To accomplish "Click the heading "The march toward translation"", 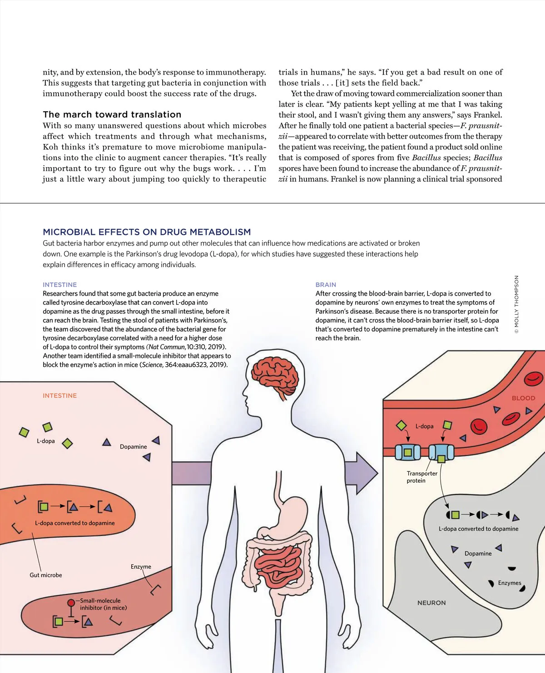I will pos(112,114).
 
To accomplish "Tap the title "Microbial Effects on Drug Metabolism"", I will pos(147,232).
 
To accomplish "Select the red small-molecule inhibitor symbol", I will pos(71,603).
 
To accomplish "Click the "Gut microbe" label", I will pos(46,575).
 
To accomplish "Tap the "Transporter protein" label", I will pos(422,477).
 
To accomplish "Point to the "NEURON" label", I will pos(431,603).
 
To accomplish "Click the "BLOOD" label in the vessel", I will pos(523,398).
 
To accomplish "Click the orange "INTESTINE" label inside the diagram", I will pos(59,396).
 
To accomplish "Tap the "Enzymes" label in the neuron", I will pos(510,583).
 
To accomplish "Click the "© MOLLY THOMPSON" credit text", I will pos(516,304).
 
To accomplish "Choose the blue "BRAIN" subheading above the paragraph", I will pos(326,285).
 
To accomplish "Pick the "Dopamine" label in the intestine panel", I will pos(133,446).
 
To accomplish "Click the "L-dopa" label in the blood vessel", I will pos(424,426).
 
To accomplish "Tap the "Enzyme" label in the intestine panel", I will pos(141,566).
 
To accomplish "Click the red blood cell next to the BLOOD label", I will pos(533,378).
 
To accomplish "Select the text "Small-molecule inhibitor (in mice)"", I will pos(103,604).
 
